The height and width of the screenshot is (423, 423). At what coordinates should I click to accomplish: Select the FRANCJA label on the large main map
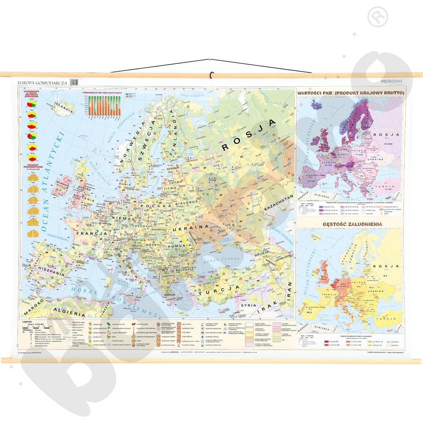coord(91,233)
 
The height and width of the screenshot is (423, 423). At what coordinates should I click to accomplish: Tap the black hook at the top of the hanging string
coord(211,75)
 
